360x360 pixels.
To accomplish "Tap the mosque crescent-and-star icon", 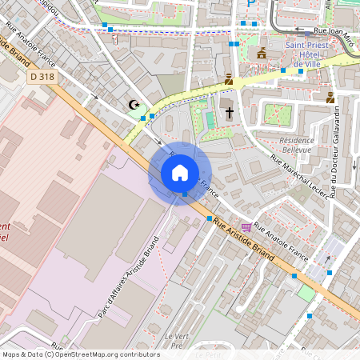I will [134, 105].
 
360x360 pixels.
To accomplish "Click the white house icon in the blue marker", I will [180, 173].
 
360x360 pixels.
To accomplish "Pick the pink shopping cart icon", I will [246, 228].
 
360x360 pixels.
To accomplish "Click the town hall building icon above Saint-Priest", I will [261, 53].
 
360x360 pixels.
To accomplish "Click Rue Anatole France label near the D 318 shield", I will [42, 50].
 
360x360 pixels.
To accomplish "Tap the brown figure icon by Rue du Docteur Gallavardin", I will [330, 98].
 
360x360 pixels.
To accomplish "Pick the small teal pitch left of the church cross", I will [210, 120].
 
